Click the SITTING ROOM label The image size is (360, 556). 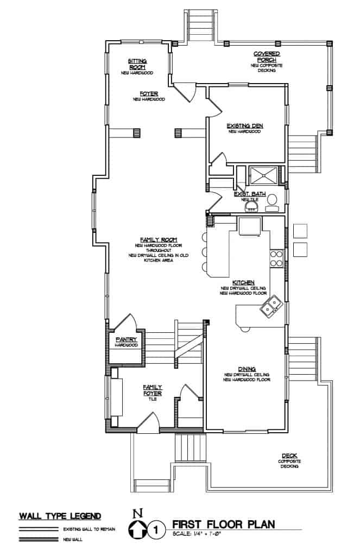[137, 64]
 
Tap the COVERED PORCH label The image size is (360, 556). [267, 56]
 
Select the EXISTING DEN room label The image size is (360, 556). [244, 126]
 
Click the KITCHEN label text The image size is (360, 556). [243, 283]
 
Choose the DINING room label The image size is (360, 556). [247, 369]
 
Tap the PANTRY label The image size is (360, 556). [125, 339]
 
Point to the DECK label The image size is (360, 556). [289, 456]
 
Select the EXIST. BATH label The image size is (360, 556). [248, 194]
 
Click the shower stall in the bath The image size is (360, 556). [262, 175]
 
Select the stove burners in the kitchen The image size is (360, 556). [276, 259]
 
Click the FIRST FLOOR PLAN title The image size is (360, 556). [223, 524]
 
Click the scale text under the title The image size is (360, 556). [198, 535]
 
